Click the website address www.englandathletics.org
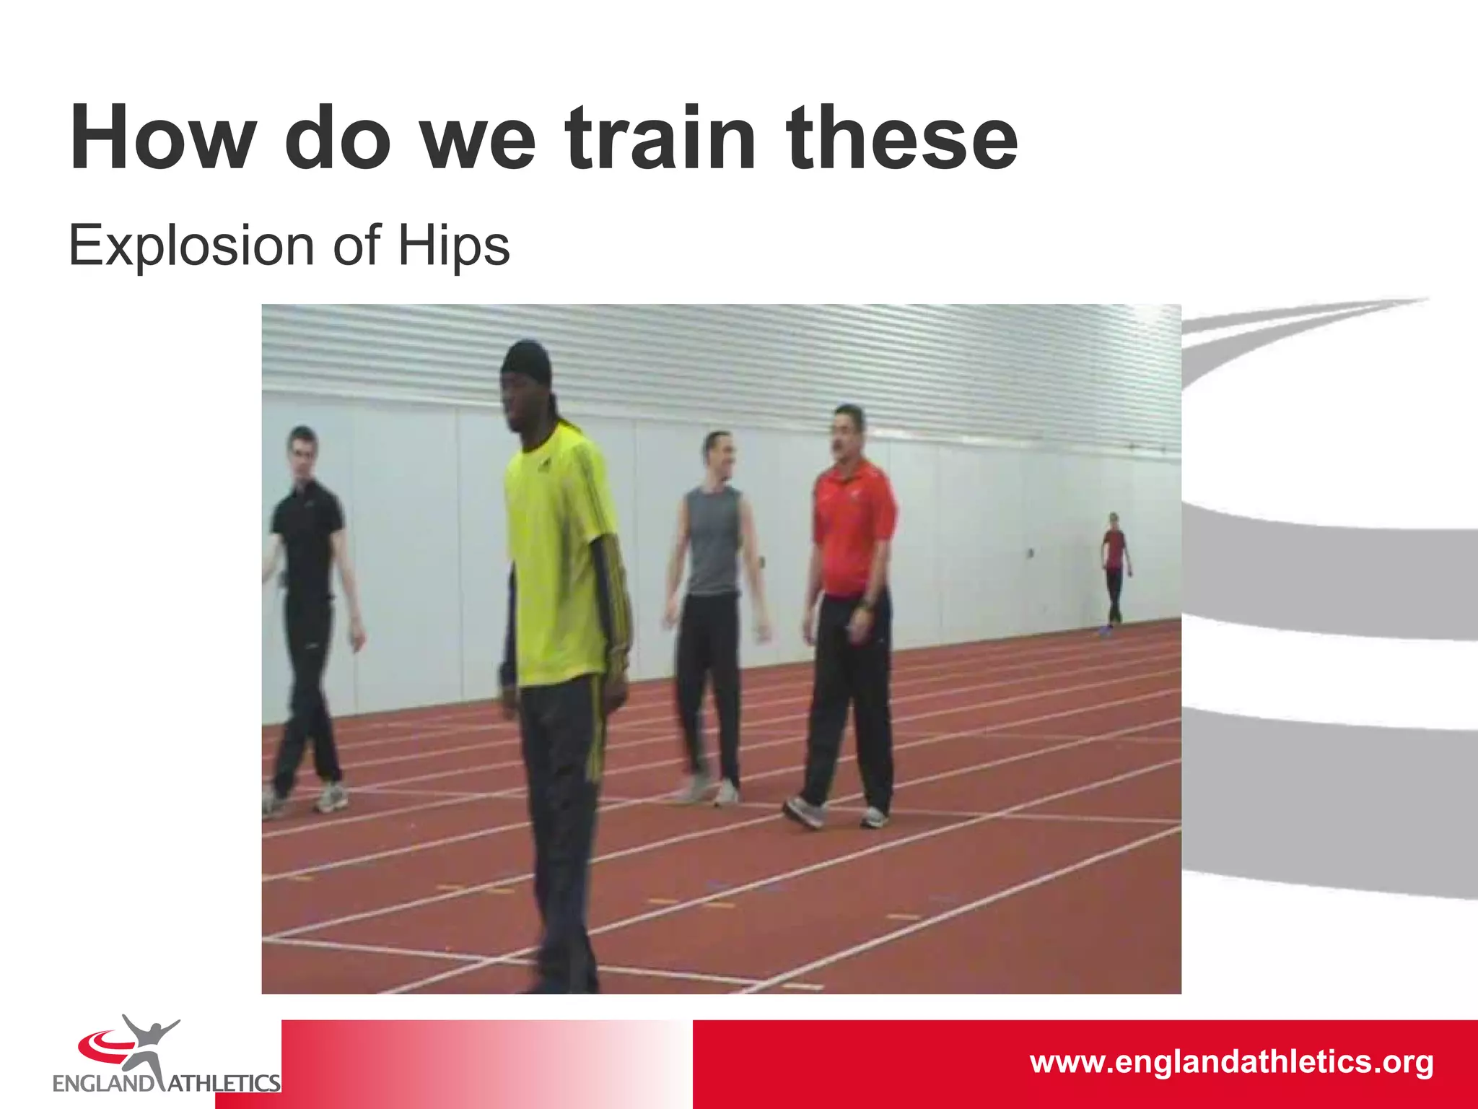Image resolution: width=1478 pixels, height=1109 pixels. click(1231, 1062)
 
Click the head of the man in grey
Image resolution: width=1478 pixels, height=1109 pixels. click(718, 451)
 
